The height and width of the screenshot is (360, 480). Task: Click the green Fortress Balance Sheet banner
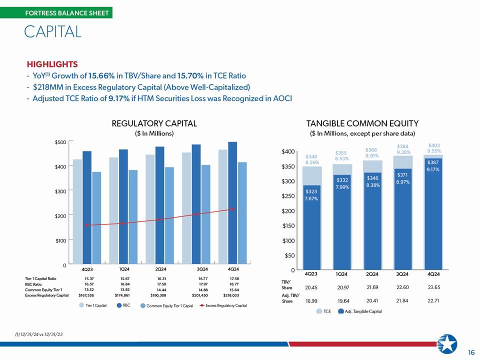pyautogui.click(x=56, y=13)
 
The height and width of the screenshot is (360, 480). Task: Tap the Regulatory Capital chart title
pyautogui.click(x=154, y=123)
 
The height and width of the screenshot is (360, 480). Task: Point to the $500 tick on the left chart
pyautogui.click(x=60, y=142)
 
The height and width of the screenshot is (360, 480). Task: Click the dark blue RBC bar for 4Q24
pyautogui.click(x=232, y=202)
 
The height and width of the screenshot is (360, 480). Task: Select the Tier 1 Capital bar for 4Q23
pyautogui.click(x=77, y=211)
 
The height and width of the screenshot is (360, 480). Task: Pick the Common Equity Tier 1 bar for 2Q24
pyautogui.click(x=169, y=215)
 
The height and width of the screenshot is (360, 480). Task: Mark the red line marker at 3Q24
pyautogui.click(x=196, y=214)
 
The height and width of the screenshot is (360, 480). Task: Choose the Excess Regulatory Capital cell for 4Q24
pyautogui.click(x=231, y=295)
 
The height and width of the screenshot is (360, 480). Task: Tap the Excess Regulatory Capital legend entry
pyautogui.click(x=223, y=305)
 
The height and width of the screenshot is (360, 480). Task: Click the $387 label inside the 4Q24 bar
pyautogui.click(x=433, y=162)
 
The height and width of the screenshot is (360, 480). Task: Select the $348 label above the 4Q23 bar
pyautogui.click(x=311, y=156)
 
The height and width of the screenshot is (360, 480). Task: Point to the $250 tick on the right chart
pyautogui.click(x=288, y=196)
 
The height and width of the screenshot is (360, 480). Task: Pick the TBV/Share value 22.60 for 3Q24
pyautogui.click(x=402, y=287)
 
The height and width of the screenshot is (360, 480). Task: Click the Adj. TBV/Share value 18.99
pyautogui.click(x=311, y=301)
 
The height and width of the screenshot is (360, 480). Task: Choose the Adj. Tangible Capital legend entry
pyautogui.click(x=360, y=311)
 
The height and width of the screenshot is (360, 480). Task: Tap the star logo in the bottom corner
pyautogui.click(x=447, y=344)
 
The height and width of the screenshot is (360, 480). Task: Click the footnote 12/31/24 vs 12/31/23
pyautogui.click(x=39, y=334)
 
